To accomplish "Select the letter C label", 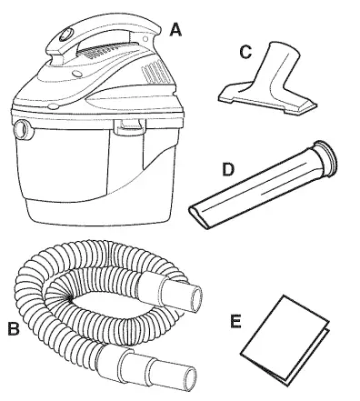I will pyautogui.click(x=245, y=52).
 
